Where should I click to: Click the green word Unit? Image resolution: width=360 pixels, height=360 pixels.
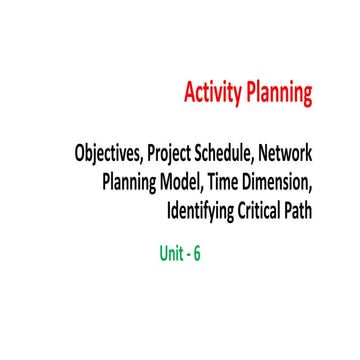pyautogui.click(x=171, y=253)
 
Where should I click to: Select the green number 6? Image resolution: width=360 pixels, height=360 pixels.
pyautogui.click(x=197, y=253)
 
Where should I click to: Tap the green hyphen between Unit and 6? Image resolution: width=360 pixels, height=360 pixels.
pyautogui.click(x=187, y=255)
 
